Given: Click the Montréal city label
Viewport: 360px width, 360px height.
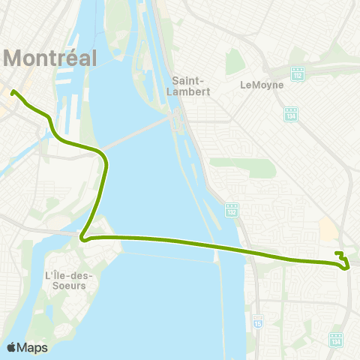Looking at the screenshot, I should pos(51,57).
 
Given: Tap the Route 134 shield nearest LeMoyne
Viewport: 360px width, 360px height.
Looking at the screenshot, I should pos(291,114).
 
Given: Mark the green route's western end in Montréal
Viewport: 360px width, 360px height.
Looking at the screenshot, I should pos(13,93).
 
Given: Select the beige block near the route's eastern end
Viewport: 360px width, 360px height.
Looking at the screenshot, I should pos(328,227).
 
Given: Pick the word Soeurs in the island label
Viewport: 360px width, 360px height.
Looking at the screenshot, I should pos(65,286).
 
